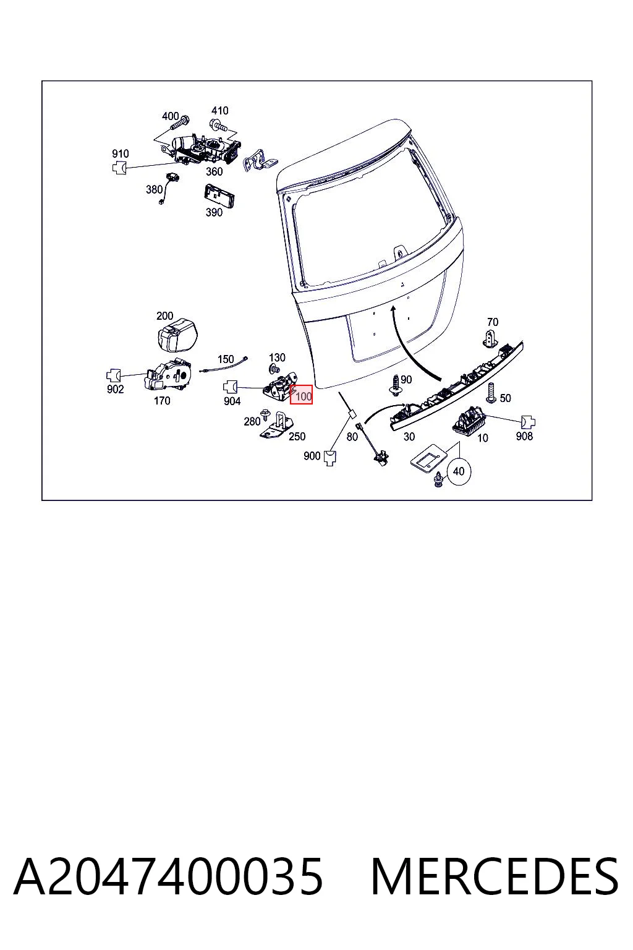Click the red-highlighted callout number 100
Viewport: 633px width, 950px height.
[x=304, y=396]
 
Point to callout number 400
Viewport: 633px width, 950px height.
[x=171, y=116]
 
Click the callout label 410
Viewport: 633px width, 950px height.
[x=219, y=111]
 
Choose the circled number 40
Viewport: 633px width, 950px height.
[x=459, y=471]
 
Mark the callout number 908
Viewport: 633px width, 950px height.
[x=524, y=436]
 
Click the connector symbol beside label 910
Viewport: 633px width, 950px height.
[x=119, y=168]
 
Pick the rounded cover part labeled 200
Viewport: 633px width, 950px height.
[x=177, y=335]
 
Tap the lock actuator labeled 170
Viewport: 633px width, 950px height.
[x=169, y=375]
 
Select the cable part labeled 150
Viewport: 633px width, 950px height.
[x=223, y=366]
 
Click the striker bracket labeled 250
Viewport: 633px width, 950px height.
[x=278, y=427]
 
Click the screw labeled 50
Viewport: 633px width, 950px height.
[x=491, y=393]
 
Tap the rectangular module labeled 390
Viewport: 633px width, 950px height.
[x=219, y=195]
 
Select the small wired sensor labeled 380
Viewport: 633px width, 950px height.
[x=169, y=187]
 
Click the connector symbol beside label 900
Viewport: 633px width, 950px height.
[x=330, y=458]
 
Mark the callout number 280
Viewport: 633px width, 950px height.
[x=252, y=421]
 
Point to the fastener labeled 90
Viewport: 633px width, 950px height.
[x=395, y=385]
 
